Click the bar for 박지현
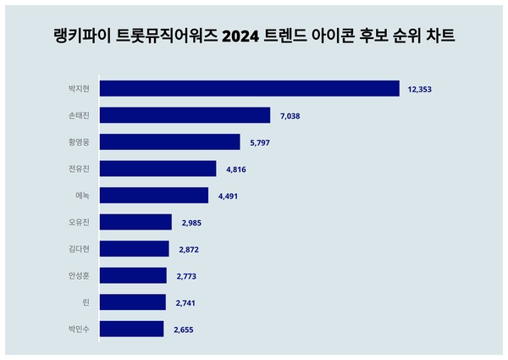249,88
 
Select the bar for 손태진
185,115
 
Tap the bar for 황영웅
169,142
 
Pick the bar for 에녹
153,196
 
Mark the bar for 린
133,302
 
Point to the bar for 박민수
131,329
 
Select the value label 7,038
291,116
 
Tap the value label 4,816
237,169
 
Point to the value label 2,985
192,223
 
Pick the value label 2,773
186,276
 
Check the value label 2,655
184,330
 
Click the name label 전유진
80,169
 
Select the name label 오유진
80,222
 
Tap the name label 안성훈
80,275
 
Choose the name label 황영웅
80,142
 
